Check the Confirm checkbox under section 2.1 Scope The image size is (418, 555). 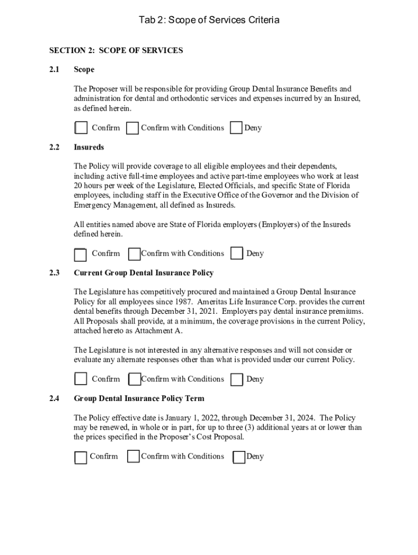pyautogui.click(x=81, y=128)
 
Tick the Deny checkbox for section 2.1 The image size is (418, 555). pyautogui.click(x=236, y=128)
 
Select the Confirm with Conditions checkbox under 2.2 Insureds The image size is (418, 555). pyautogui.click(x=134, y=254)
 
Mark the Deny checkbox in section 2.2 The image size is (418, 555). pyautogui.click(x=237, y=254)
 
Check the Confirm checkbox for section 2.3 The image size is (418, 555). pyautogui.click(x=81, y=379)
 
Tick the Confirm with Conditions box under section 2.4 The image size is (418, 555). pyautogui.click(x=134, y=456)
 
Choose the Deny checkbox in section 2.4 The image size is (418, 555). pyautogui.click(x=239, y=457)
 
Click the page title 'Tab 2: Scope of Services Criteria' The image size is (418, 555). pyautogui.click(x=209, y=21)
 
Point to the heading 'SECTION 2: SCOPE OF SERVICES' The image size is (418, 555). pyautogui.click(x=116, y=50)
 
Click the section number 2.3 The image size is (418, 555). pyautogui.click(x=54, y=273)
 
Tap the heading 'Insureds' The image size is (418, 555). pyautogui.click(x=88, y=147)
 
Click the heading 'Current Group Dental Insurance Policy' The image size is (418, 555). pyautogui.click(x=143, y=273)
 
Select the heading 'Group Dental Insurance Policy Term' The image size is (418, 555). pyautogui.click(x=139, y=398)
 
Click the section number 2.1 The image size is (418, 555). pyautogui.click(x=54, y=69)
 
